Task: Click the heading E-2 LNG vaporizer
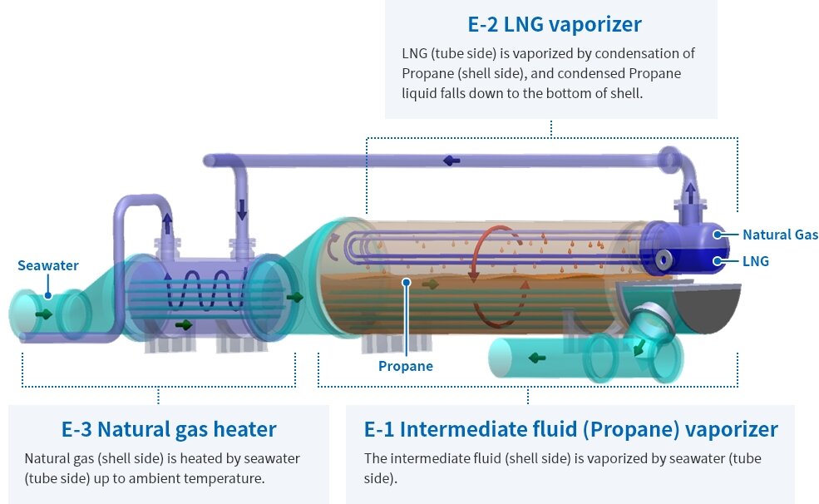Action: click(555, 25)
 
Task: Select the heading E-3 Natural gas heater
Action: click(169, 429)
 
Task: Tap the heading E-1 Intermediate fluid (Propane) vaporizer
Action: click(571, 429)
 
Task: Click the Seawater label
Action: click(48, 265)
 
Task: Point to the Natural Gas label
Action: click(781, 235)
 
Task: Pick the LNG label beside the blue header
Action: click(756, 260)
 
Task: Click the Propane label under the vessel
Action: click(405, 366)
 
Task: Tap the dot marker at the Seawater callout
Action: click(48, 295)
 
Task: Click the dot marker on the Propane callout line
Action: click(407, 283)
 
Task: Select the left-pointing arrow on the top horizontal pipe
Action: click(451, 161)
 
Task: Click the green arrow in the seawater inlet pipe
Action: click(44, 314)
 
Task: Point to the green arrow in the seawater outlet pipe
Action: click(537, 358)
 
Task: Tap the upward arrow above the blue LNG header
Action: click(690, 193)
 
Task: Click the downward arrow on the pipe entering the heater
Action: click(242, 210)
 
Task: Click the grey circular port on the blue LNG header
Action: click(664, 259)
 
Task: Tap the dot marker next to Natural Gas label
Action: click(718, 235)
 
